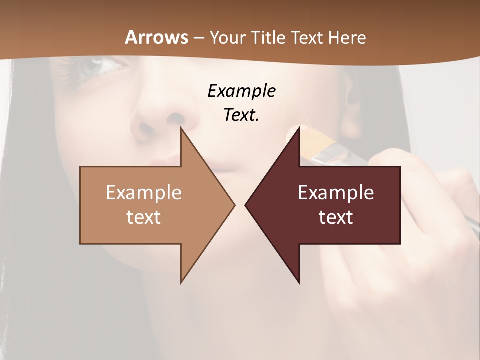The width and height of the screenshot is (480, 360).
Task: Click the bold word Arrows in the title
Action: point(157,37)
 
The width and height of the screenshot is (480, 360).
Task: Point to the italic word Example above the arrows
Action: point(241,91)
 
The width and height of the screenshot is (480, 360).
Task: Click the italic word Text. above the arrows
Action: point(241,115)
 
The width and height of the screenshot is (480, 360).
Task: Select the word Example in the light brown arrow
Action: point(144,192)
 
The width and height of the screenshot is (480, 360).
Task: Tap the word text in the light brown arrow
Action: point(144,217)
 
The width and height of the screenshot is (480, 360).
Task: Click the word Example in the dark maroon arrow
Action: point(336,192)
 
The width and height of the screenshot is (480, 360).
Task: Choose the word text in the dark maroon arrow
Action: point(336,217)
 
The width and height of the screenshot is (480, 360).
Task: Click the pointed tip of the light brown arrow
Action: point(234,205)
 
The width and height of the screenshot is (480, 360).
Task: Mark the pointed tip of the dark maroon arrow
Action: point(246,205)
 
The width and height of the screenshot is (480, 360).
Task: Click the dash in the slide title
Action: point(198,38)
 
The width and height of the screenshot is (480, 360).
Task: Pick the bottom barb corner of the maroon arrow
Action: point(299,283)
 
